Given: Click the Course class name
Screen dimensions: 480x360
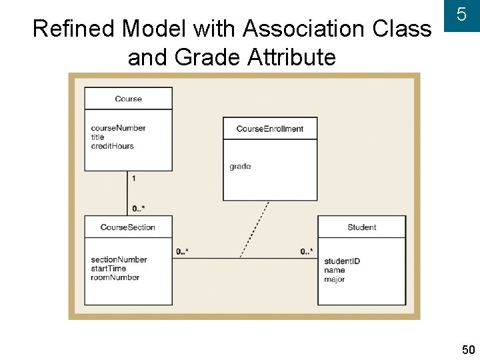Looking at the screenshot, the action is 128,99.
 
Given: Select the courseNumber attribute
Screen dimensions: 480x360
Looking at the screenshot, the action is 118,128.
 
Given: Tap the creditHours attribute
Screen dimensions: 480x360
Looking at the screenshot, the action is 112,146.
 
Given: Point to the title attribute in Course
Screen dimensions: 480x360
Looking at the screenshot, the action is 97,137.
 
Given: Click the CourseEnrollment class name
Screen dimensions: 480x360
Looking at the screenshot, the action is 269,129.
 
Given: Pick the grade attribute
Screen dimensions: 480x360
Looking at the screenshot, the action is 240,166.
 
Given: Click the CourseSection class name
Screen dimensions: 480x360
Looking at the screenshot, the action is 127,227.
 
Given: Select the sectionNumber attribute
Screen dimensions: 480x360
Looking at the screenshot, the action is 119,259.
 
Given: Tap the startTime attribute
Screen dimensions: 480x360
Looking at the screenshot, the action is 108,269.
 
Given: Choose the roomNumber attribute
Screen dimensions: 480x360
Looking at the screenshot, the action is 115,277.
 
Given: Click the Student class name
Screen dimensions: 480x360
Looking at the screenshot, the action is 361,227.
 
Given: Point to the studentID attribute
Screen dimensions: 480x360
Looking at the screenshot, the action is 341,261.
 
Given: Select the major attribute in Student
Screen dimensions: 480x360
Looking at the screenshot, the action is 334,279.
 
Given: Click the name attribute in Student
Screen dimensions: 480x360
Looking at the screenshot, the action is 334,270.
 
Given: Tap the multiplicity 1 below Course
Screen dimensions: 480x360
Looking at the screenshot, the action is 134,178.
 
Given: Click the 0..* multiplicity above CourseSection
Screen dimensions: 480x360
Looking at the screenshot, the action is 139,209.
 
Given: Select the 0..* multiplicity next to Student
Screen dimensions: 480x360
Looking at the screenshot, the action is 307,251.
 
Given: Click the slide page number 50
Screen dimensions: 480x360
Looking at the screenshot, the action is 468,349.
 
